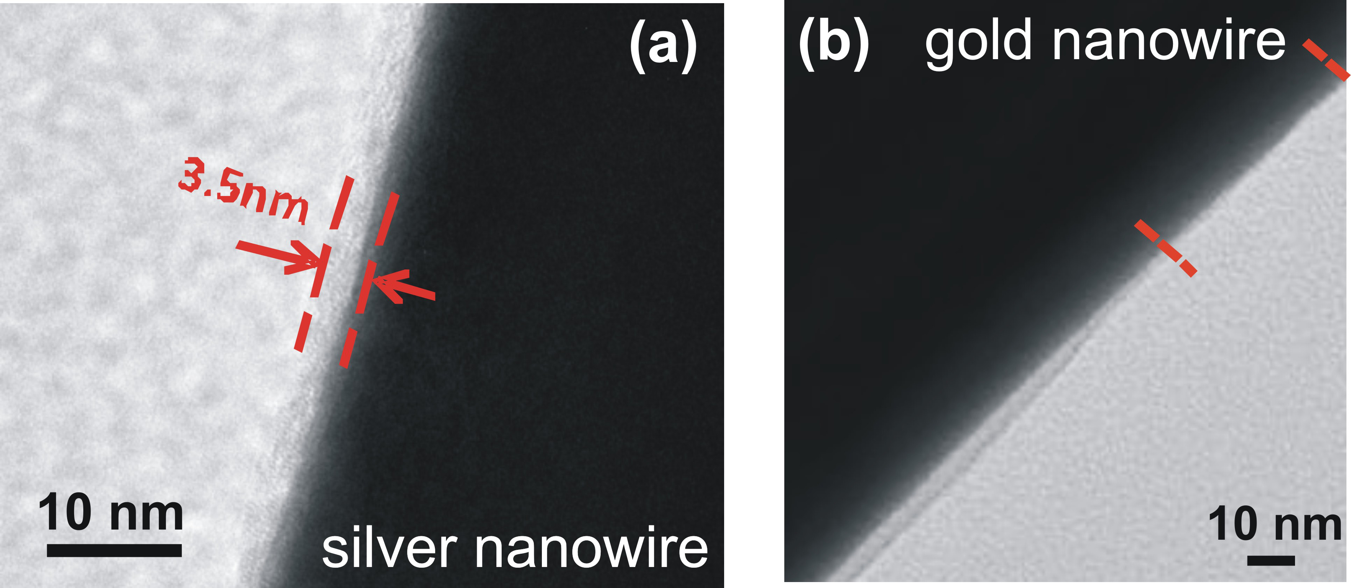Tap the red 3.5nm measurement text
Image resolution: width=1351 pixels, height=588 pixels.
click(243, 191)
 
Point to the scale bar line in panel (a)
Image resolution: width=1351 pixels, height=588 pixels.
click(114, 550)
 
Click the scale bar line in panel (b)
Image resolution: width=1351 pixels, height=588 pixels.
click(1271, 561)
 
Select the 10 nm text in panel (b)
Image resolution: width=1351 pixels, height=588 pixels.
click(1274, 525)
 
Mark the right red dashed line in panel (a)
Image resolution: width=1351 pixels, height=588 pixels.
click(369, 281)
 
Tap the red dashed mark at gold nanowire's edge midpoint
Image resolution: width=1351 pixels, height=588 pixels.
click(1165, 248)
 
